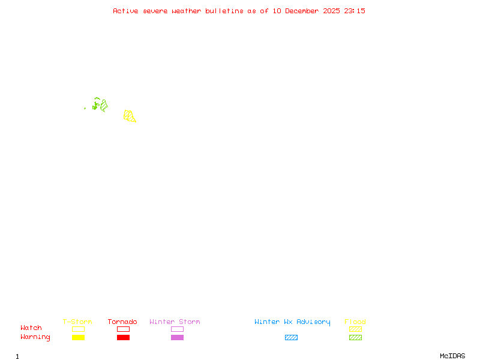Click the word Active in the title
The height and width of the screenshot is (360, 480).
coord(125,11)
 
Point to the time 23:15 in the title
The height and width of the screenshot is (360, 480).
coord(355,11)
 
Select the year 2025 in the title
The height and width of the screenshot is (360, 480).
coord(332,11)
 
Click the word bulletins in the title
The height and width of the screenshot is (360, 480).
coord(224,11)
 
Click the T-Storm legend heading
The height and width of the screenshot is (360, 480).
coord(77,322)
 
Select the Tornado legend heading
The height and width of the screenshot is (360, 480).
coord(122,322)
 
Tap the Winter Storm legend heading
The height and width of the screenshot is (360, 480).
coord(175,322)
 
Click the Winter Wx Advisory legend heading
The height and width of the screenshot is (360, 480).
coord(292,322)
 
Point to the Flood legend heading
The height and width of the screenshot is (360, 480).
coord(355,322)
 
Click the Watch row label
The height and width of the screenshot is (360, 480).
coord(31,328)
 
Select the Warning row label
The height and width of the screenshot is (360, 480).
coord(35,337)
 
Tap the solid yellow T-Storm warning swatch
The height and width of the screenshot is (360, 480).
coord(78,338)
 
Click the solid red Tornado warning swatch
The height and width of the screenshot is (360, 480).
coord(123,338)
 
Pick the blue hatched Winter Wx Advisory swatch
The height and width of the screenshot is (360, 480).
coord(291,338)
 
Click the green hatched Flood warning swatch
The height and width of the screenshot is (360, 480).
coord(355,338)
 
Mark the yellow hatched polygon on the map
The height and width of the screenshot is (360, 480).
coord(129,116)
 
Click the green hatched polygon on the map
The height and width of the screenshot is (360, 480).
coord(104,106)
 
